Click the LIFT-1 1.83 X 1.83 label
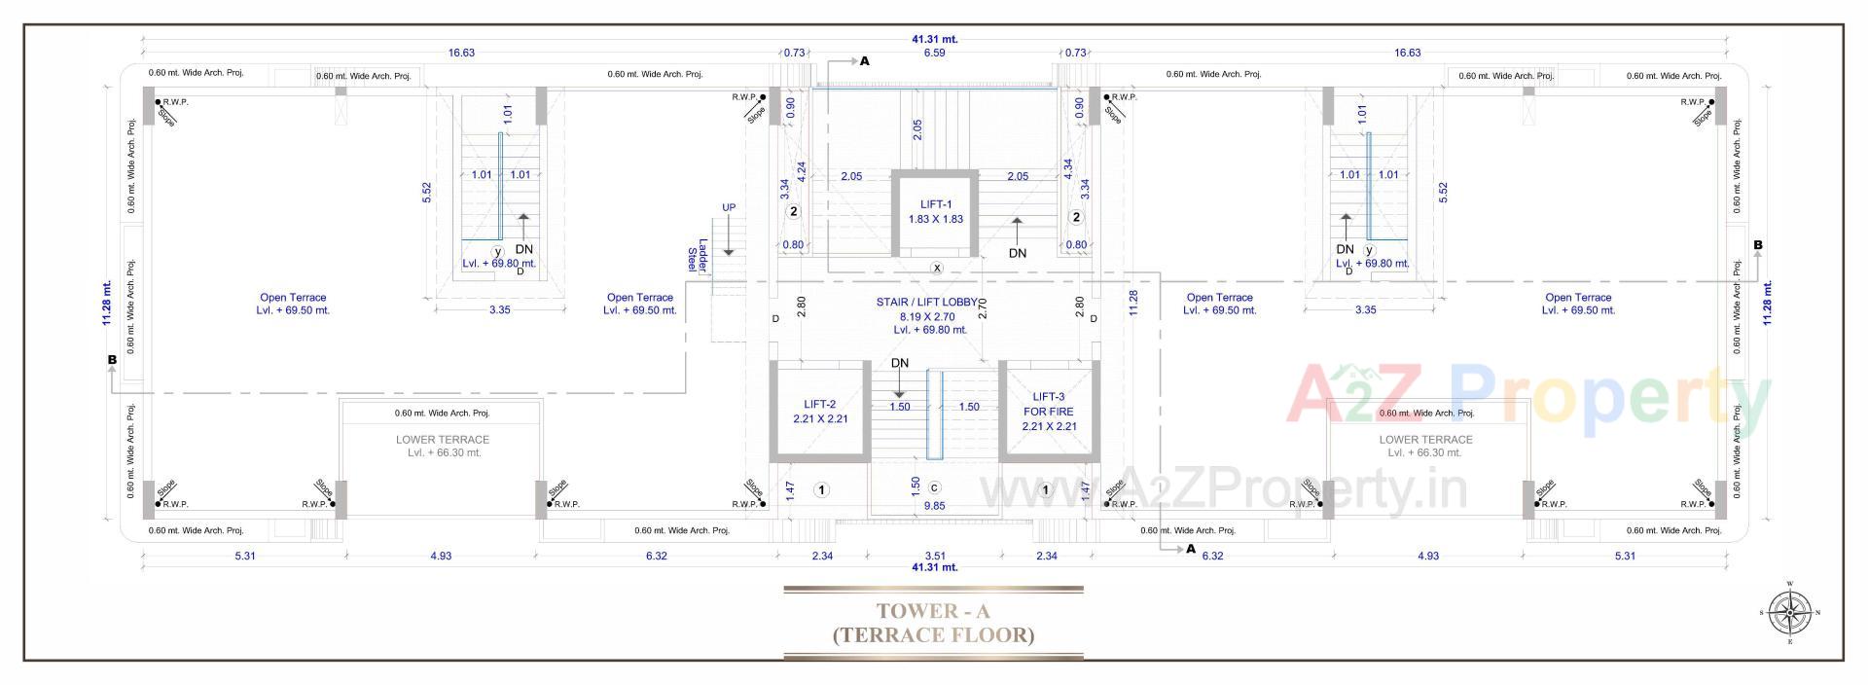click(x=935, y=211)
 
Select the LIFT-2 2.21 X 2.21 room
click(x=819, y=412)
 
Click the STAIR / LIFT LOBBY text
click(x=926, y=302)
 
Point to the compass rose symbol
click(x=1788, y=613)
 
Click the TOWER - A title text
click(x=932, y=611)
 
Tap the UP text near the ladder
click(x=728, y=207)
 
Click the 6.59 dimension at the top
click(x=933, y=53)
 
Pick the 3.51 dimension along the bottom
click(x=934, y=556)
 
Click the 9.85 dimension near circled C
click(x=934, y=506)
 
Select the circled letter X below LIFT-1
click(x=937, y=268)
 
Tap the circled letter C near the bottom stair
click(x=934, y=487)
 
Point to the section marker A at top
click(x=864, y=61)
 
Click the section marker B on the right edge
click(x=1757, y=245)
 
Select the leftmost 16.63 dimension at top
click(x=461, y=53)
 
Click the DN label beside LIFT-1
click(x=1017, y=253)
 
